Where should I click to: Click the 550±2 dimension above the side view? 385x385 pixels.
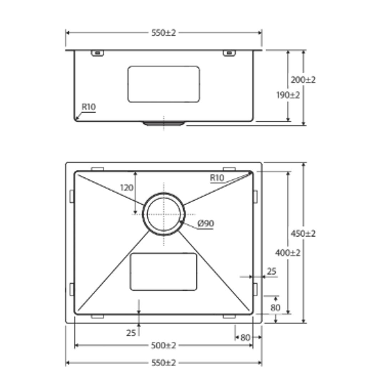[164, 33]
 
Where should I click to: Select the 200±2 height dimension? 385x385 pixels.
[303, 80]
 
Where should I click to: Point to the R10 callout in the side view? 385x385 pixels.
[88, 107]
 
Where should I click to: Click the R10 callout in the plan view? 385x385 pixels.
[217, 178]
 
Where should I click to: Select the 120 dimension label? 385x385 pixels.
[127, 188]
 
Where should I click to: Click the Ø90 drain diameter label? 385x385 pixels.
[205, 224]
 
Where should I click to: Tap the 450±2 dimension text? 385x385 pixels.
[303, 233]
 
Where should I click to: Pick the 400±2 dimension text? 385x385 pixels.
[288, 253]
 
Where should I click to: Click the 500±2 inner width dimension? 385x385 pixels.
[164, 345]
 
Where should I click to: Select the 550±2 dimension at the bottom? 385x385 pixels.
[164, 363]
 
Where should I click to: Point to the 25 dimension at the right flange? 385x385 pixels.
[272, 272]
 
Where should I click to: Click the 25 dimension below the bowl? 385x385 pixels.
[131, 333]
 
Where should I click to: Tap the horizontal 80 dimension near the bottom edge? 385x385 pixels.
[245, 337]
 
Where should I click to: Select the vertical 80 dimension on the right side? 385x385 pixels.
[275, 307]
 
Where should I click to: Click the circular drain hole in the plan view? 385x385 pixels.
[164, 214]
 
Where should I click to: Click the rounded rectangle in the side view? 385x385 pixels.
[164, 84]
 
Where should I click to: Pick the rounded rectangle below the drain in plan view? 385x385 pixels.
[164, 272]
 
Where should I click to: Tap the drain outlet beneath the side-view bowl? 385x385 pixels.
[164, 124]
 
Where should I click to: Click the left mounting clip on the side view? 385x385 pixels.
[97, 53]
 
